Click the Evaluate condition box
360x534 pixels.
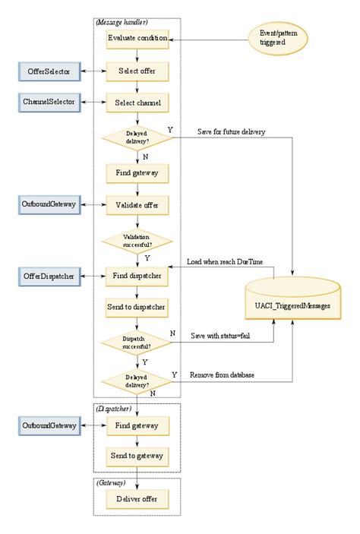click(137, 37)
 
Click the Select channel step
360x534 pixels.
click(137, 102)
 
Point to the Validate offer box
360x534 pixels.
click(137, 204)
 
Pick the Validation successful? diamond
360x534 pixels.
click(137, 241)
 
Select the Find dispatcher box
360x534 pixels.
click(137, 277)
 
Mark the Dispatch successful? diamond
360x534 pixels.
click(137, 343)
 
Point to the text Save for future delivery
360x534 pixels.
click(231, 131)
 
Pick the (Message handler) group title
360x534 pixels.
click(122, 22)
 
